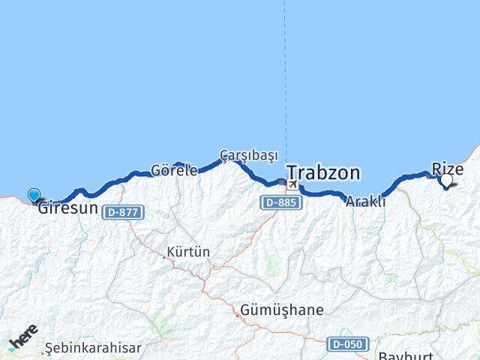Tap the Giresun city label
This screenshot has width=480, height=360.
point(68,208)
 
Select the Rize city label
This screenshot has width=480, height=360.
point(448,169)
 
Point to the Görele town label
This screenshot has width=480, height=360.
point(174,169)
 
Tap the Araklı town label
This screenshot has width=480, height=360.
point(367,201)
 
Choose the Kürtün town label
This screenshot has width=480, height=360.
point(190,252)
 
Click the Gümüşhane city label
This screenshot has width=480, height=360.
point(282,310)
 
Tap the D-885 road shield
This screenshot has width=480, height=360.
point(280,202)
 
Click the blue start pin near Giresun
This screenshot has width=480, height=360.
point(34,196)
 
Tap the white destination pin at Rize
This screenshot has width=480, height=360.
point(448,180)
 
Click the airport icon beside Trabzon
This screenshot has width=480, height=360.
point(292,184)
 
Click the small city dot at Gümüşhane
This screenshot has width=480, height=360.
point(238,316)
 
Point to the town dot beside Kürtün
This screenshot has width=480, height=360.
point(165,256)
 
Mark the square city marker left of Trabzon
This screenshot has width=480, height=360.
point(280,181)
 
